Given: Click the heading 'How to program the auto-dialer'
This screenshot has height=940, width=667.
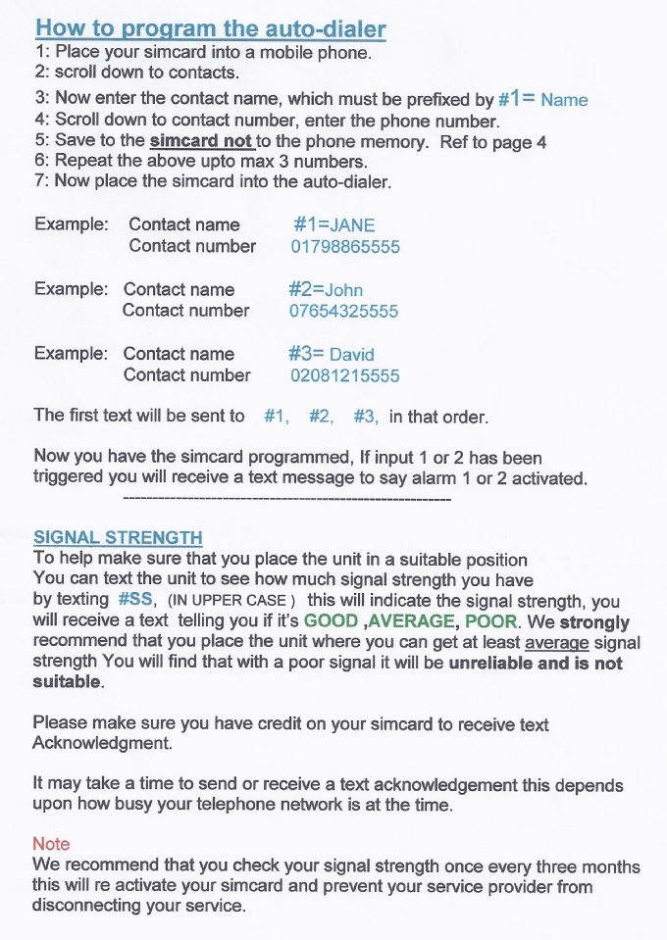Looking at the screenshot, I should [x=210, y=28].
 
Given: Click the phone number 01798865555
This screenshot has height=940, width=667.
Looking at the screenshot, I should [x=345, y=246].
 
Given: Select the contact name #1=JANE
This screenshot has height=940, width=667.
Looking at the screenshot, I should [x=333, y=224].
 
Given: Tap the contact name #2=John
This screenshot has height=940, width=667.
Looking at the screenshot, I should [x=326, y=289].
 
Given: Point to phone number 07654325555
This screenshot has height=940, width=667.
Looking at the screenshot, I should [x=343, y=311].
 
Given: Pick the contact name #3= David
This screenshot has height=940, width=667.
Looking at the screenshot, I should [x=332, y=354].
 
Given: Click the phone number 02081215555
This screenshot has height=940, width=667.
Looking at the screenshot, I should [x=344, y=375].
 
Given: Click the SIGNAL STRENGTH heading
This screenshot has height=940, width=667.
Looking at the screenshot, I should [x=118, y=537].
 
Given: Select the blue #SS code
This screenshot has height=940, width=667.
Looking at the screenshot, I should [x=134, y=600].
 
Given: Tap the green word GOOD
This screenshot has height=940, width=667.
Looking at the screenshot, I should [x=331, y=621].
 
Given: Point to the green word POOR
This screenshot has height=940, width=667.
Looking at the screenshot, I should [x=490, y=621].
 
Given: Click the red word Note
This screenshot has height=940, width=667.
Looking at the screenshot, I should [x=51, y=843].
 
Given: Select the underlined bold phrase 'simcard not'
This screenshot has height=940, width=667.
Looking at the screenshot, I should [x=200, y=141].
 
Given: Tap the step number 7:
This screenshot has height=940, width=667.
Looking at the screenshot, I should [x=41, y=181].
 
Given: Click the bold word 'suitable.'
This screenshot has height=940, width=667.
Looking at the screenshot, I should [x=69, y=682].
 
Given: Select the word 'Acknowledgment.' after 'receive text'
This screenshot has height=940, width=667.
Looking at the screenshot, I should [x=102, y=744].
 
